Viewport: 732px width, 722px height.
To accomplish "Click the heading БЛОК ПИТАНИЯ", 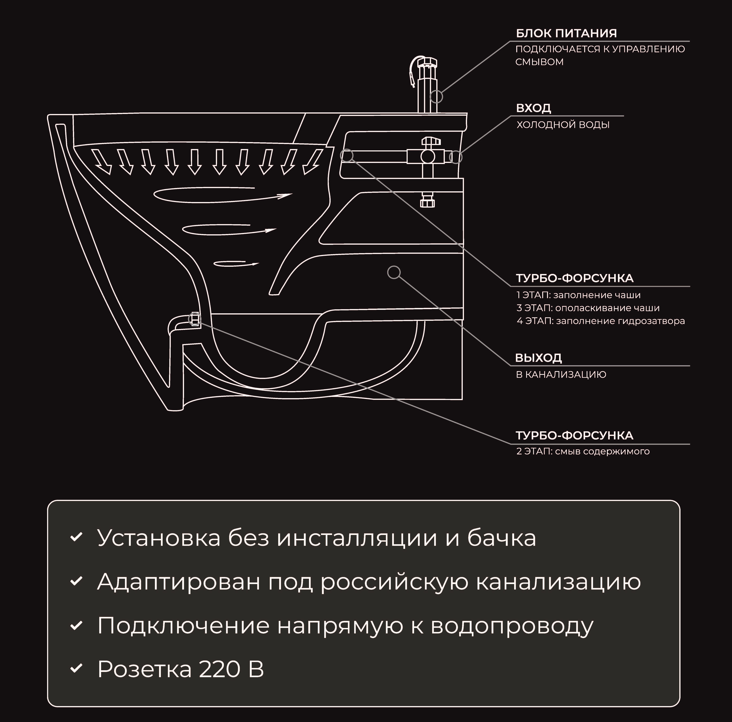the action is coord(566,33).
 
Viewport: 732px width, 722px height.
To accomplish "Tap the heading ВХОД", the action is coord(534,108).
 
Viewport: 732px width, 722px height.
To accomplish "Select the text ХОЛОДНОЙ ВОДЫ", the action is coord(563,125).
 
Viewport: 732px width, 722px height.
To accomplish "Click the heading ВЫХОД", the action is coord(538,358).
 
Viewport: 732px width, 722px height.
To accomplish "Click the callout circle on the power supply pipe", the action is coord(436,97).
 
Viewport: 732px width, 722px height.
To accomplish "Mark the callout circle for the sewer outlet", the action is coord(394,272).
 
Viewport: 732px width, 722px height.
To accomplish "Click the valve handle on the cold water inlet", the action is coord(432,141).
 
